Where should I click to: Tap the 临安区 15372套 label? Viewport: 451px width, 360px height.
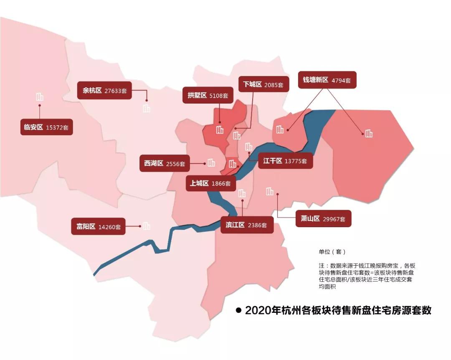(x=46, y=127)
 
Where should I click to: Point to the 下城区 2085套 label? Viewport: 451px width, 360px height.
(x=263, y=85)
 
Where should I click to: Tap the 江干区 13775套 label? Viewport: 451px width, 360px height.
(x=285, y=161)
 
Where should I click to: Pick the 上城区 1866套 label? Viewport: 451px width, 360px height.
(x=211, y=183)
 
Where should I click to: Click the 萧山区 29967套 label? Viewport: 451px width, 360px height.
(x=323, y=219)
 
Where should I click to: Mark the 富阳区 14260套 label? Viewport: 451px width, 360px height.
(x=98, y=227)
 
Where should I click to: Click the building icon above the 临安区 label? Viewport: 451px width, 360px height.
(x=40, y=97)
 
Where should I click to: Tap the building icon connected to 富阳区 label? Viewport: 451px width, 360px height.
(x=146, y=226)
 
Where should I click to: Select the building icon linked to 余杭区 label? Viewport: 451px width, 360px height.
(x=146, y=109)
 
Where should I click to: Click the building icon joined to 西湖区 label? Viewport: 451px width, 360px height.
(x=211, y=162)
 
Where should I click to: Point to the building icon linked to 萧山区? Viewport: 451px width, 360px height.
(x=270, y=191)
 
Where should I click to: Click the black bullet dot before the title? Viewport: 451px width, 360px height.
(x=239, y=310)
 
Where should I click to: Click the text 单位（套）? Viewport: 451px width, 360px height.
(x=332, y=252)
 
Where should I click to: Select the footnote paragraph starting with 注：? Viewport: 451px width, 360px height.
(x=366, y=276)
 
